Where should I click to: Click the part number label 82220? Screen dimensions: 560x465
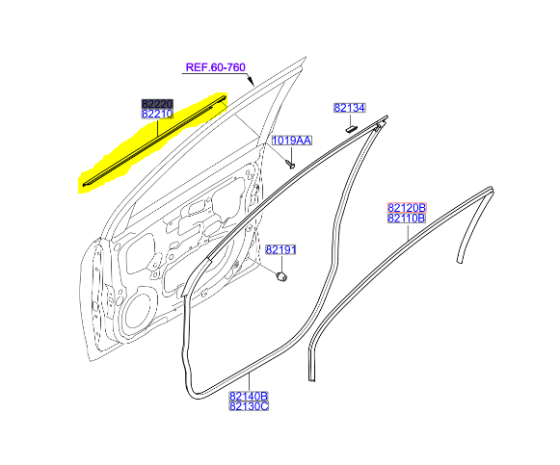click(x=157, y=104)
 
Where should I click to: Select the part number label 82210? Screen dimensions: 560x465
click(x=157, y=115)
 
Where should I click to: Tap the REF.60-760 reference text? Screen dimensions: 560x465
click(x=216, y=67)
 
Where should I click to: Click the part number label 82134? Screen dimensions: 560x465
click(x=350, y=108)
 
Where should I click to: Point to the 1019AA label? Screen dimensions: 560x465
click(x=292, y=141)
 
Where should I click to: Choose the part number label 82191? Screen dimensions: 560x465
click(x=281, y=250)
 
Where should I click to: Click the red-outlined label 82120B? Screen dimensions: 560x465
click(x=407, y=208)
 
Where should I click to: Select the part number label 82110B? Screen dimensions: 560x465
click(x=407, y=218)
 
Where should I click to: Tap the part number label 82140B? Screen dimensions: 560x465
click(x=249, y=397)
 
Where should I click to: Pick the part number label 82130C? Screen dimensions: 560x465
click(x=249, y=406)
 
